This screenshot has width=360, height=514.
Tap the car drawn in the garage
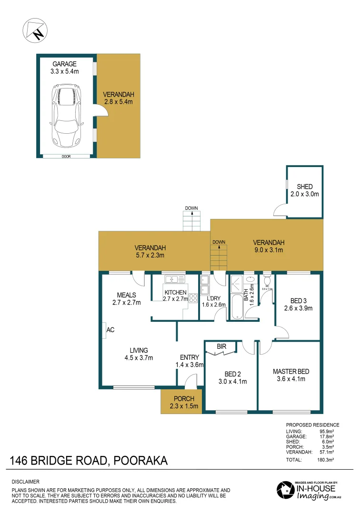tap(66, 116)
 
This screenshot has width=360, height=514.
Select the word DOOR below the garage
tap(66, 156)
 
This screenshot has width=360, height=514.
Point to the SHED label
tap(304, 187)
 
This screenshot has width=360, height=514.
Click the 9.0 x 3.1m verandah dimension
tap(269, 249)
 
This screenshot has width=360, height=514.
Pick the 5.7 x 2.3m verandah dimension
tap(150, 255)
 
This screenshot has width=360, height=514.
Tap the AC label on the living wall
tap(110, 329)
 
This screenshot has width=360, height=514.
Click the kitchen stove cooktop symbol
tap(193, 298)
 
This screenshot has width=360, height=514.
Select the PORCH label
tap(181, 399)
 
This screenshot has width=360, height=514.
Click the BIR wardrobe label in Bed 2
tap(221, 347)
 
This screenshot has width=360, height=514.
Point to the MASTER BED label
tap(289, 371)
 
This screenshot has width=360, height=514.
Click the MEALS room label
tap(127, 295)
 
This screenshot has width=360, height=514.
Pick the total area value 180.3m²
tap(326, 460)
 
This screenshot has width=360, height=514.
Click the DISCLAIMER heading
tap(25, 482)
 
